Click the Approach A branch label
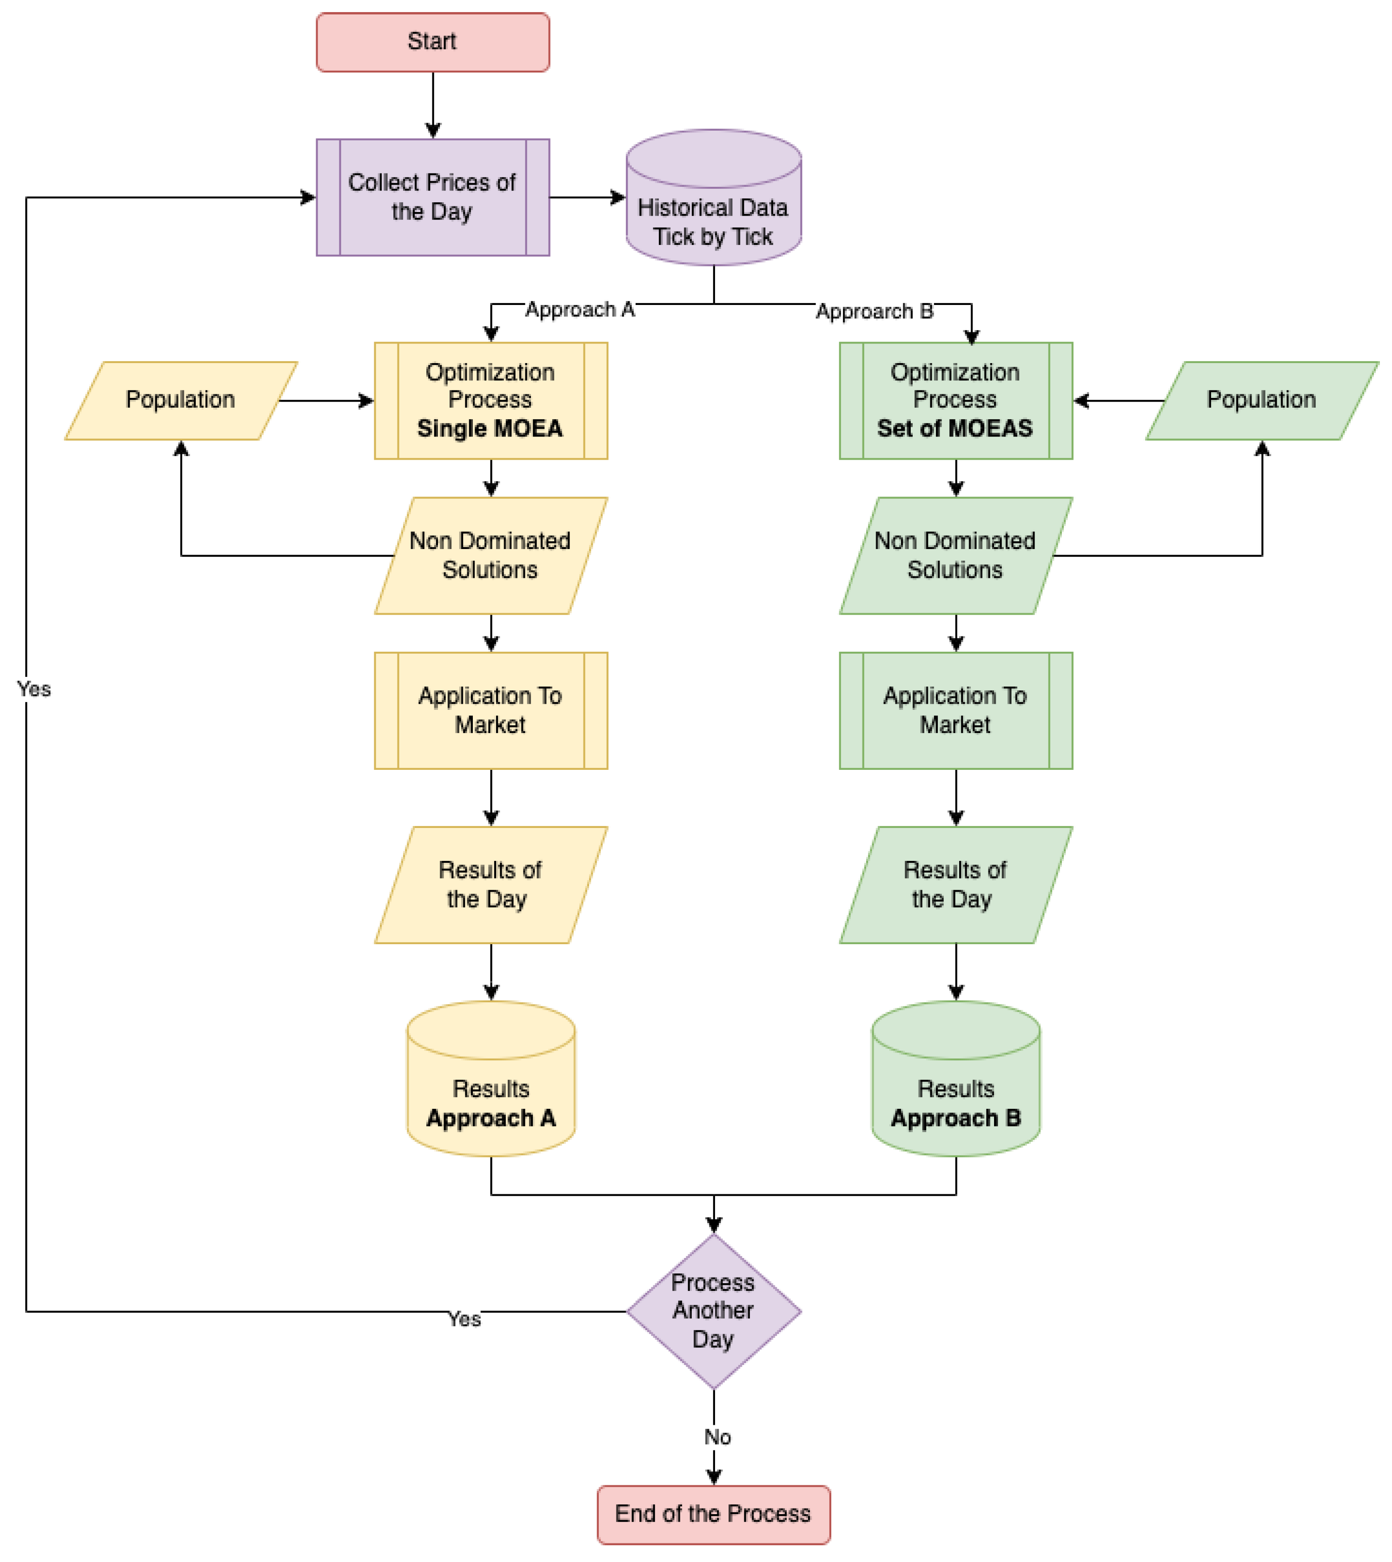(x=580, y=310)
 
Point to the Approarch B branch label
(x=874, y=311)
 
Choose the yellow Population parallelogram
(x=180, y=400)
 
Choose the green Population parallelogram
(x=1261, y=400)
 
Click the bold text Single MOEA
(x=490, y=428)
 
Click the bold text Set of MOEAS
(x=955, y=428)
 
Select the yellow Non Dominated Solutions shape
(x=490, y=556)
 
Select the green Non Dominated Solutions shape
(x=955, y=556)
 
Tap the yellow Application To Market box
(x=490, y=710)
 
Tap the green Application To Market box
(x=955, y=710)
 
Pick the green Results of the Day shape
(x=955, y=885)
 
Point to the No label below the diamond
(x=716, y=1437)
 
